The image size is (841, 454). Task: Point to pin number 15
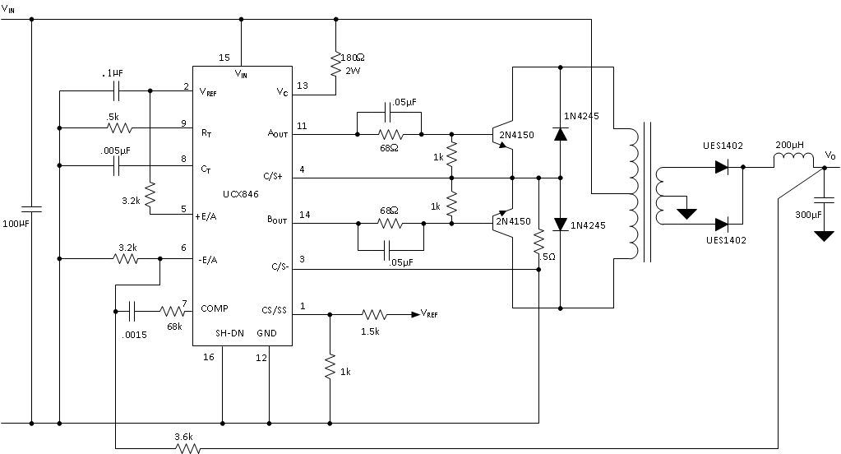[x=224, y=58]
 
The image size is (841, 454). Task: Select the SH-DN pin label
[x=229, y=333]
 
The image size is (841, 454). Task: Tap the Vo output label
[x=830, y=155]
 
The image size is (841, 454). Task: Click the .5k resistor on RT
[x=119, y=128]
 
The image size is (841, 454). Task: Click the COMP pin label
[x=215, y=308]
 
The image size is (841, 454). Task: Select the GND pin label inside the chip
[x=266, y=333]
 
